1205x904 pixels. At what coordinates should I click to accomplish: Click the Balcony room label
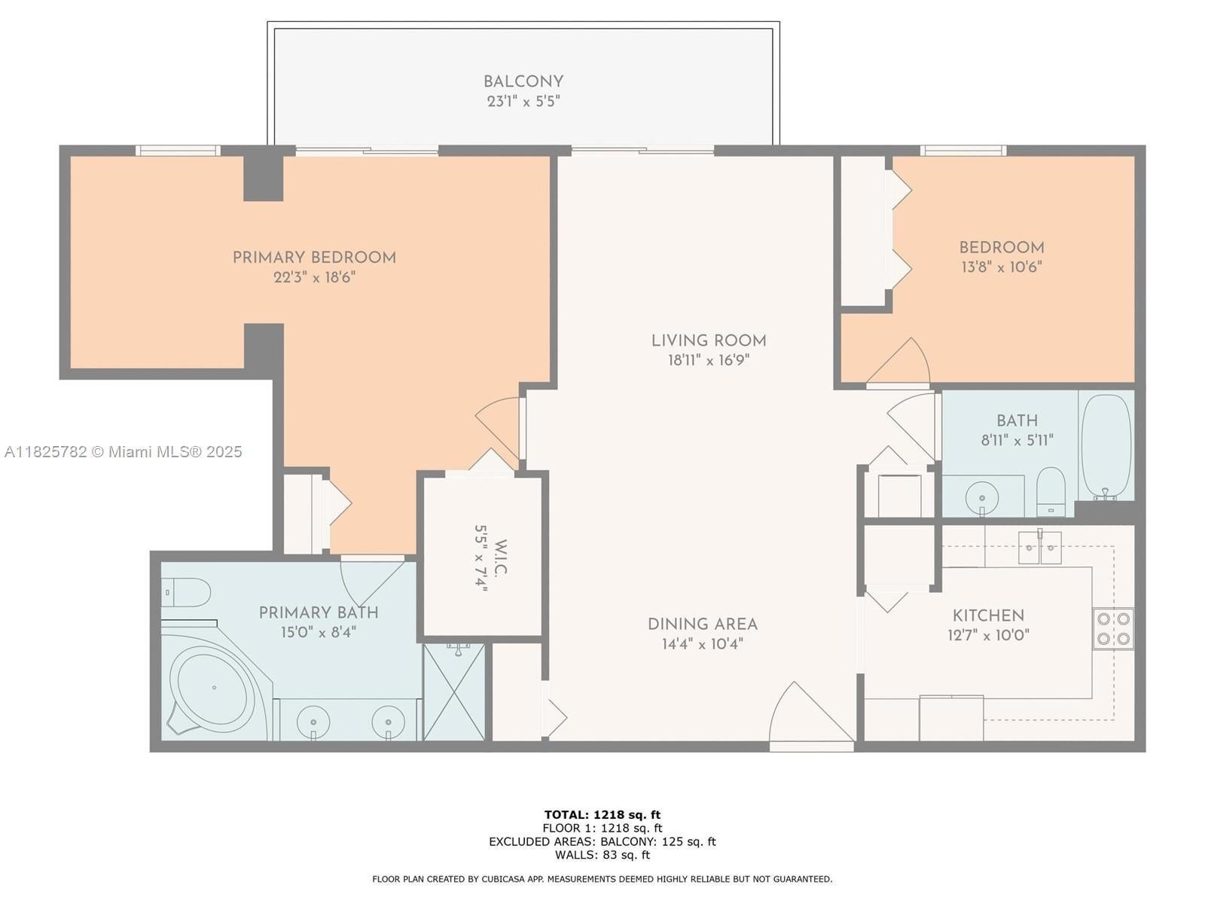[x=523, y=82]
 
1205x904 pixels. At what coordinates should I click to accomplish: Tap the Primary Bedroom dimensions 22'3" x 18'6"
[x=315, y=277]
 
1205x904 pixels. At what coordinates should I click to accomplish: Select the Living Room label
[x=709, y=341]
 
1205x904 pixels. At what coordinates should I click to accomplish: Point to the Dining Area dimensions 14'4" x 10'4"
[x=703, y=644]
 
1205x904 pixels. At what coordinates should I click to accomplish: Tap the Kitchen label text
[x=988, y=615]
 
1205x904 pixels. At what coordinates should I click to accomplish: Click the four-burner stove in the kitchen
[x=1113, y=629]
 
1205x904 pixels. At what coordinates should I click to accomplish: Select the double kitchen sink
[x=1040, y=547]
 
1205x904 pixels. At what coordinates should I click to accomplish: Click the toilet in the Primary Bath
[x=186, y=592]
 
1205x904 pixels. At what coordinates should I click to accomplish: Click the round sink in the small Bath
[x=981, y=496]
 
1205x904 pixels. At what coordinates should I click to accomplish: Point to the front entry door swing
[x=811, y=712]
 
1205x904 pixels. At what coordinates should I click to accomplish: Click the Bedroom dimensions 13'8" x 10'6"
[x=1002, y=267]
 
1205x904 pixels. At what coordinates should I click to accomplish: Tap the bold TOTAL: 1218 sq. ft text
[x=602, y=814]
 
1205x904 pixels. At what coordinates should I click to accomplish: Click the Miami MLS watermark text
[x=123, y=452]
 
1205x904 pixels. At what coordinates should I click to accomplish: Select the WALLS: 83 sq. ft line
[x=602, y=854]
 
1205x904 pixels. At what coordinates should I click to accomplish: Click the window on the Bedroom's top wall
[x=963, y=151]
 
